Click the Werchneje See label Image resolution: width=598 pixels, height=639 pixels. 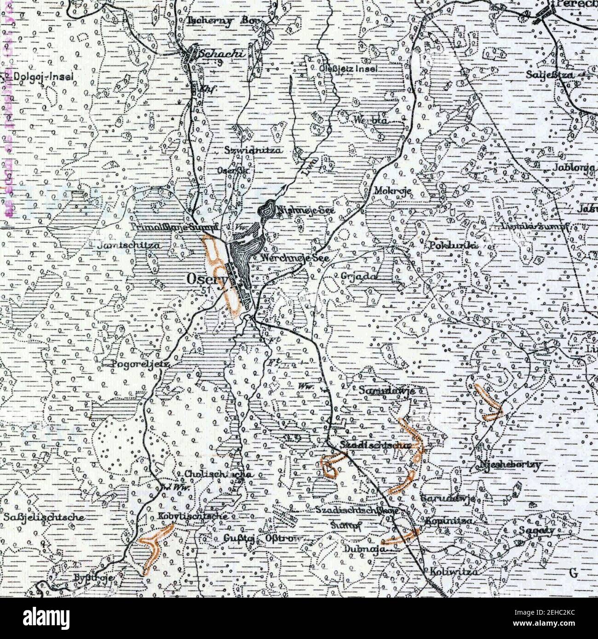click(x=294, y=258)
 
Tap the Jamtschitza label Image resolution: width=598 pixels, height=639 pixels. click(x=130, y=245)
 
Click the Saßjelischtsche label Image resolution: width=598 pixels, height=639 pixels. click(x=44, y=517)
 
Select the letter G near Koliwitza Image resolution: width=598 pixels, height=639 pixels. click(x=573, y=573)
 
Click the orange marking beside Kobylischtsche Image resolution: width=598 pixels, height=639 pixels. click(x=154, y=545)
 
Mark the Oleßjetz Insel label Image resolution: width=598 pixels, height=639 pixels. click(x=349, y=69)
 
